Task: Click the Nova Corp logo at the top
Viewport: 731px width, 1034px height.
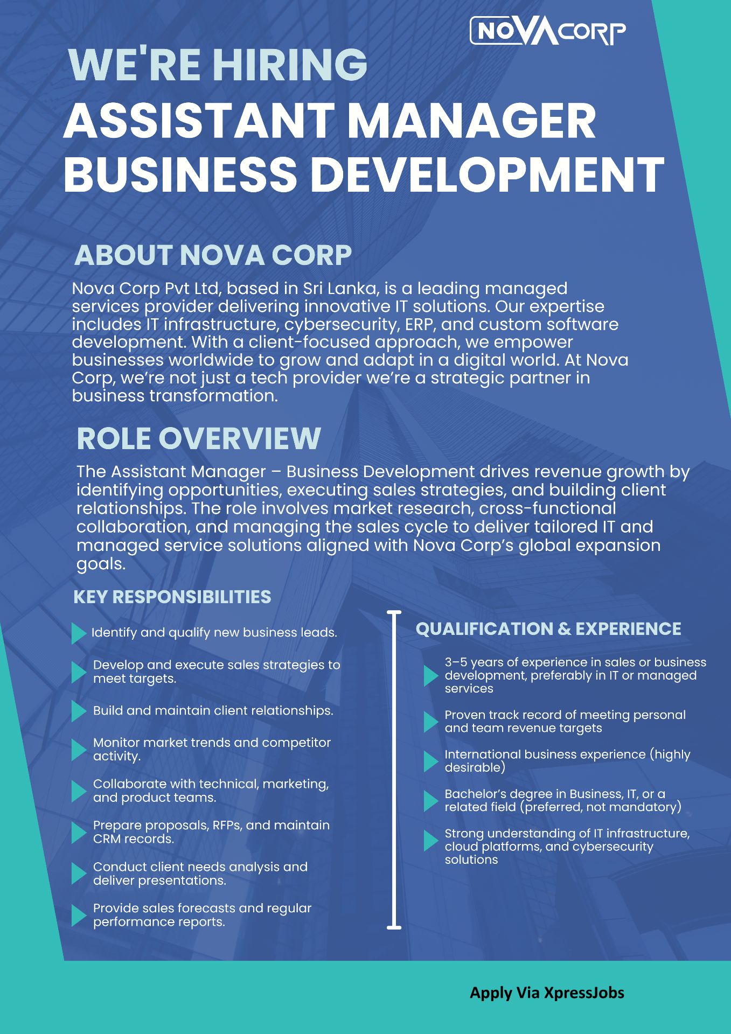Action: click(x=548, y=31)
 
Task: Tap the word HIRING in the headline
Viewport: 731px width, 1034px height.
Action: click(x=290, y=64)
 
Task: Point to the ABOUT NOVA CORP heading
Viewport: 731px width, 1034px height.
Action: click(x=213, y=255)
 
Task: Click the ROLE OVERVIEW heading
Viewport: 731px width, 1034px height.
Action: click(x=199, y=438)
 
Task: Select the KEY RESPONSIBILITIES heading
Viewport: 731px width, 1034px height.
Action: click(x=172, y=597)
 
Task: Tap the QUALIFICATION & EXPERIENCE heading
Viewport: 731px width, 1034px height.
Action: click(x=548, y=628)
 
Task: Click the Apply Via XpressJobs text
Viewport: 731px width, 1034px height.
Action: click(x=547, y=993)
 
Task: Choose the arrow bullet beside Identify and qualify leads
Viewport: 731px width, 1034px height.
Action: click(x=79, y=633)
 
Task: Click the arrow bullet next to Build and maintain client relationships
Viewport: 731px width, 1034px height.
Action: click(x=79, y=711)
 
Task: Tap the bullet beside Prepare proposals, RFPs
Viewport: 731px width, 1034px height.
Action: click(x=79, y=833)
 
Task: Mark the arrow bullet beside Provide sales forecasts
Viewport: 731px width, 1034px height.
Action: click(x=79, y=916)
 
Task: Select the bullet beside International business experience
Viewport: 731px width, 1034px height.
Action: click(x=431, y=761)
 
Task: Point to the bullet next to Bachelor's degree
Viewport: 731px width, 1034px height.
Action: click(x=431, y=801)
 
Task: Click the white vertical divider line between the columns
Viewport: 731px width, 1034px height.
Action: click(x=394, y=770)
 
